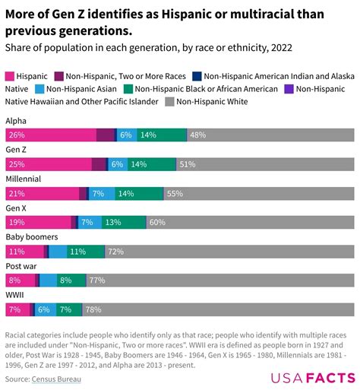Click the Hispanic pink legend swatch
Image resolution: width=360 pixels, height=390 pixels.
point(11,76)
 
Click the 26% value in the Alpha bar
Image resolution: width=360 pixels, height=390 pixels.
point(16,135)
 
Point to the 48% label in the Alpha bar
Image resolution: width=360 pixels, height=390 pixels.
point(198,135)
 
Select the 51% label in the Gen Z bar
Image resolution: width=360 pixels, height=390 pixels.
point(188,164)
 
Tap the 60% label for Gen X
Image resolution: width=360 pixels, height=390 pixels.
point(157,222)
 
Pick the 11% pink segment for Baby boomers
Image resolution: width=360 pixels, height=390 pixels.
point(24,251)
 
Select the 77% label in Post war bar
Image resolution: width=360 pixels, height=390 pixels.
point(97,281)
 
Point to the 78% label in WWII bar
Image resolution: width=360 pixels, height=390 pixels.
point(93,309)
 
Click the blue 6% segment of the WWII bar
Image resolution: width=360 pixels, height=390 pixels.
point(43,309)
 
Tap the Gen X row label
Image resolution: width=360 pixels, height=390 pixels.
point(16,208)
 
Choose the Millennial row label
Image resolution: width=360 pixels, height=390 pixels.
point(23,179)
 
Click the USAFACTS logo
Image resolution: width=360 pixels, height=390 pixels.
point(313,378)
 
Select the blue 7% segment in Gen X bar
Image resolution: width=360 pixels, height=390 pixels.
point(87,222)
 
